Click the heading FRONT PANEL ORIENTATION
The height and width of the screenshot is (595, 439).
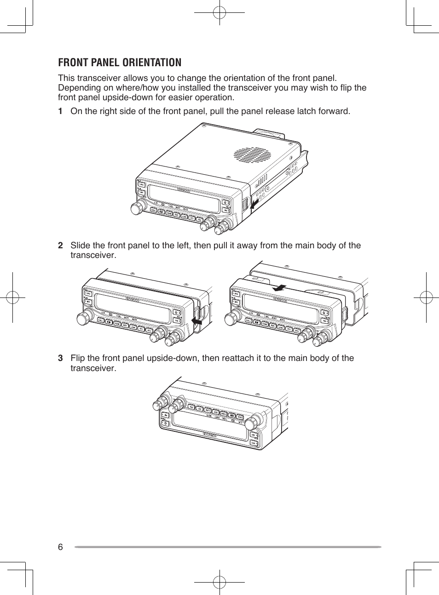(x=120, y=63)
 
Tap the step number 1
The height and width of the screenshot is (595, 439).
(x=60, y=111)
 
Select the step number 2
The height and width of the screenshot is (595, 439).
(x=60, y=246)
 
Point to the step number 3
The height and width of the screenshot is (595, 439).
(x=60, y=358)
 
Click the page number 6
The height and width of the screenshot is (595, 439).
(x=60, y=547)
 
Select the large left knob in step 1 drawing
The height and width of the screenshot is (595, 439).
(x=137, y=208)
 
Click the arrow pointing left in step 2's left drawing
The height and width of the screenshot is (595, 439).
(x=197, y=320)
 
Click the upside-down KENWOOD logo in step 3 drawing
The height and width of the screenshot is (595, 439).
(x=210, y=434)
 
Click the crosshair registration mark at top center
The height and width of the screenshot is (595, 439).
(x=219, y=13)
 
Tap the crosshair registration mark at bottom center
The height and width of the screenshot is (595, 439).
(x=219, y=582)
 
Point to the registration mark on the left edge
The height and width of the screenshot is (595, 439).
(x=12, y=297)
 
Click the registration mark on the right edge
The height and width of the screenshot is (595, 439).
(x=426, y=297)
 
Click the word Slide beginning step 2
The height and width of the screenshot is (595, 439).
(x=81, y=246)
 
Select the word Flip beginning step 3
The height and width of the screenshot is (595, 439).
(x=77, y=358)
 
